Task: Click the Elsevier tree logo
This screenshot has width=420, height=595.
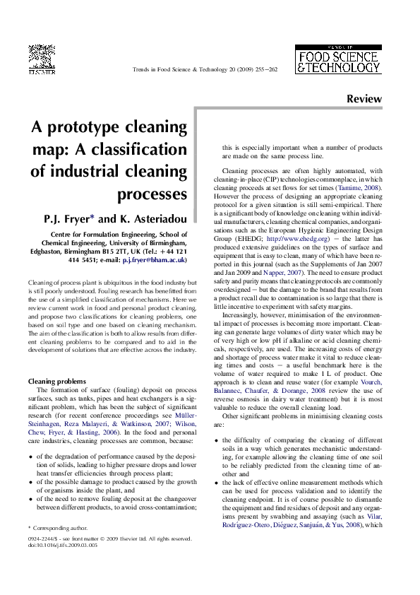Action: [42, 57]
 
